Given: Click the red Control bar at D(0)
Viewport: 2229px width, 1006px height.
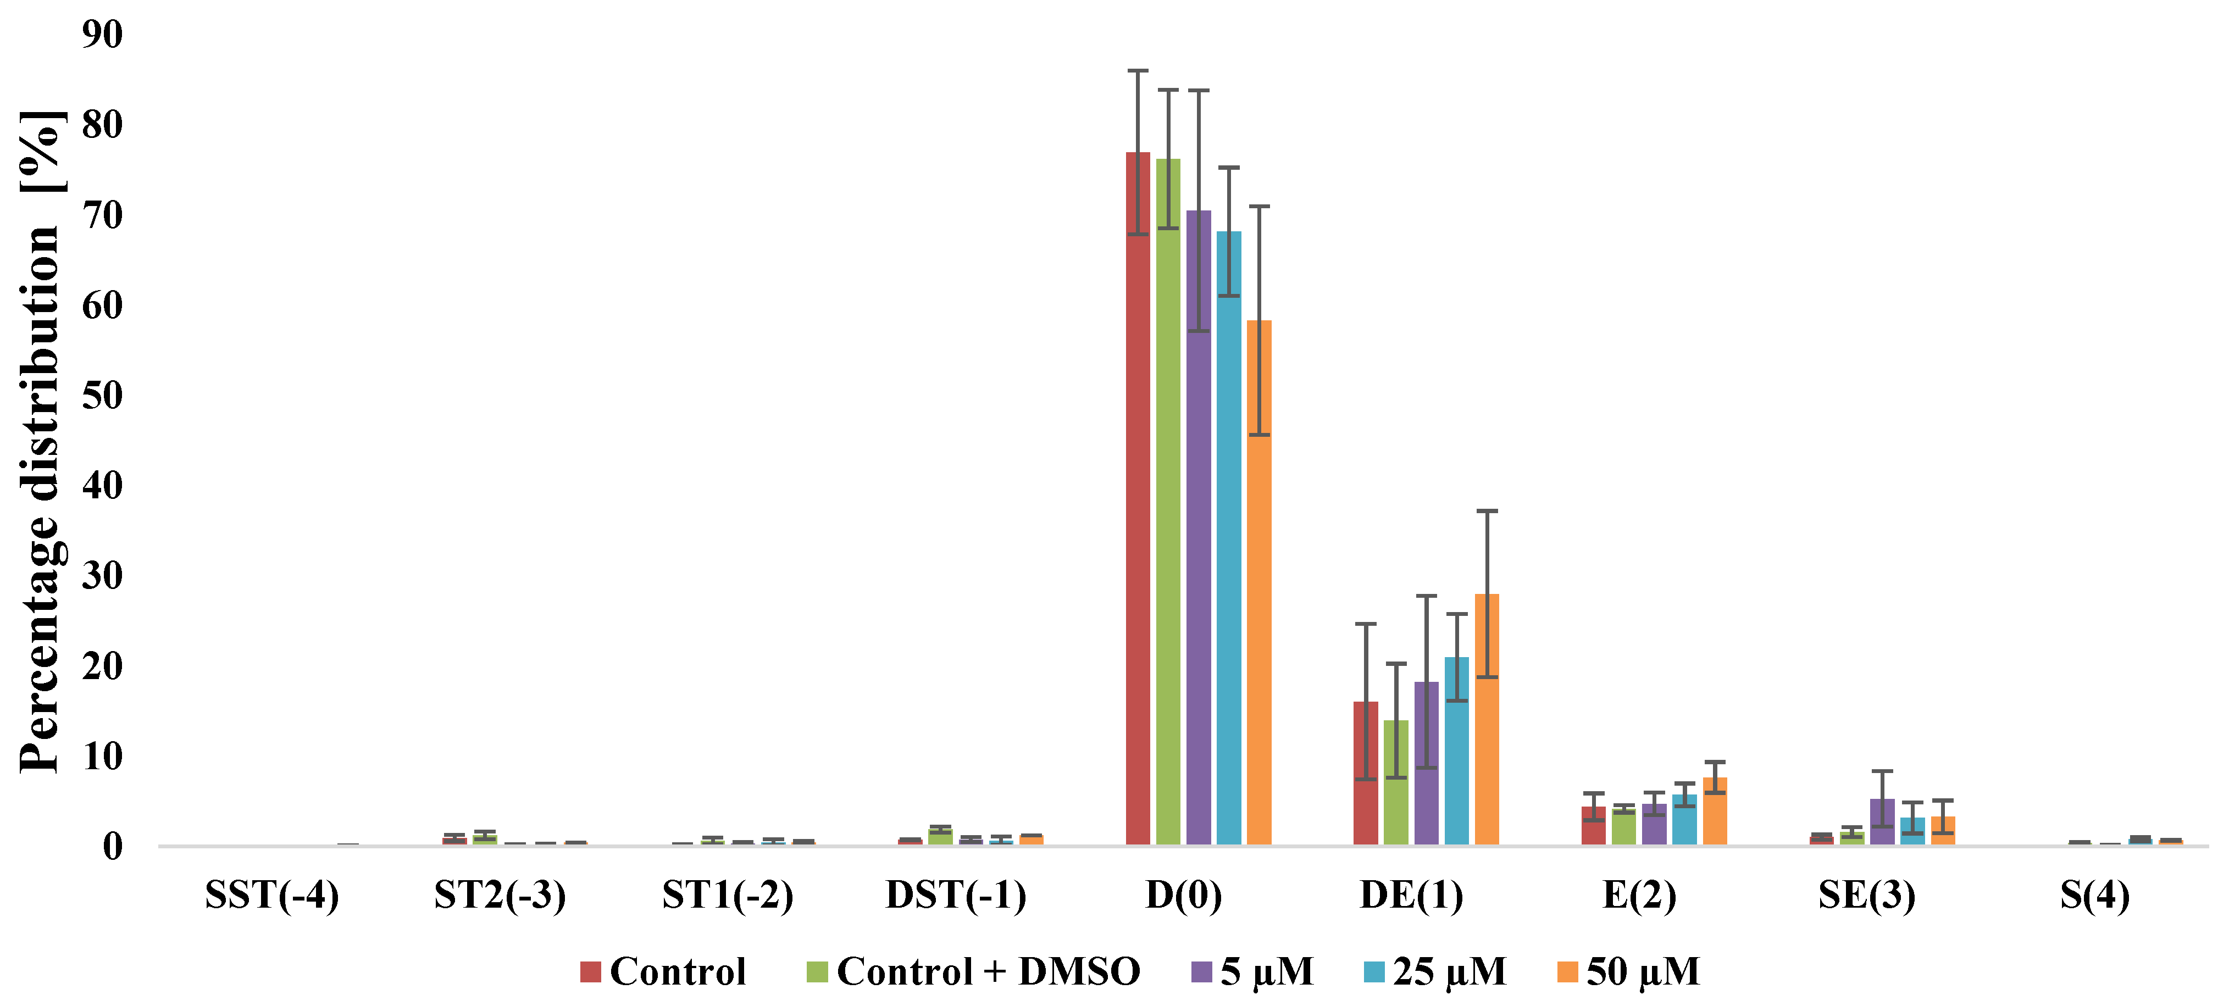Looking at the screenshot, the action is [1138, 498].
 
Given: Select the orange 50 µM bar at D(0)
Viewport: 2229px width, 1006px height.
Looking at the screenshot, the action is [1259, 582].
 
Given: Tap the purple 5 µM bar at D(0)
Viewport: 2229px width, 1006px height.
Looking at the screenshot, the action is [1199, 527].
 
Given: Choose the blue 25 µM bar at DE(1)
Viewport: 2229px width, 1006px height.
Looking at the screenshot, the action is [1456, 751].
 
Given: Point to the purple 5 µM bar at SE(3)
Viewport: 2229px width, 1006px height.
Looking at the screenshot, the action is [1882, 822].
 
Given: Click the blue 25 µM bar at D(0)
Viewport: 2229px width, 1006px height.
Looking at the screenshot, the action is [1229, 538].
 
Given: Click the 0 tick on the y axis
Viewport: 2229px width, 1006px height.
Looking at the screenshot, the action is [113, 846].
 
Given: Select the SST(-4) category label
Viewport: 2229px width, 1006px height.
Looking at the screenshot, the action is [271, 894].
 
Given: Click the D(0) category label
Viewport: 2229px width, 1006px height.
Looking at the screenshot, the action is [1184, 894].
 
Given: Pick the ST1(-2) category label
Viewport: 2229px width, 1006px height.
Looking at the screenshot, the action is [728, 894].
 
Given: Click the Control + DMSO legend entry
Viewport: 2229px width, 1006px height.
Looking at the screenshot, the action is [973, 971].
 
